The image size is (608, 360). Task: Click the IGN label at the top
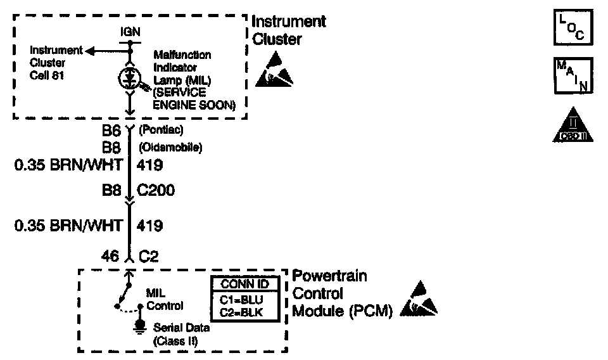point(129,30)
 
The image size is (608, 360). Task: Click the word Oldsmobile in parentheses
point(170,148)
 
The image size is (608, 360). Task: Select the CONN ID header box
point(241,283)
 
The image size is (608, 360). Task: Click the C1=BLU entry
point(241,299)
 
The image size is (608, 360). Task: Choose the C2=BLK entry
point(241,311)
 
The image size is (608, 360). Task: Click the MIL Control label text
point(165,299)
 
